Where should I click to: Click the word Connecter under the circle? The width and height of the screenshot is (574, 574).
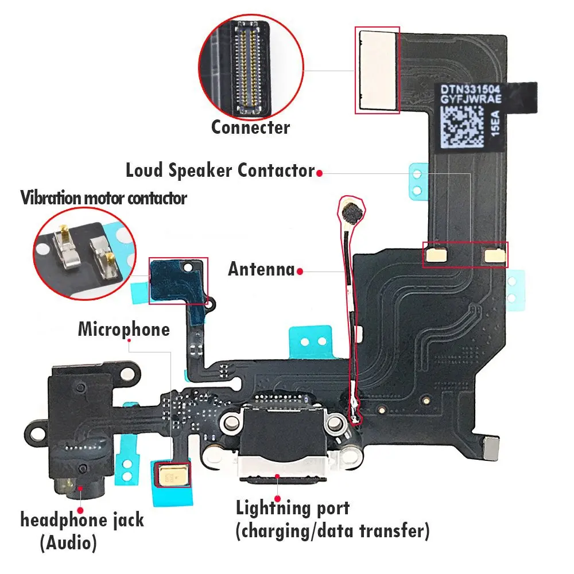pyautogui.click(x=251, y=127)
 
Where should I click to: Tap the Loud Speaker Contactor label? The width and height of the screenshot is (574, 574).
pyautogui.click(x=220, y=170)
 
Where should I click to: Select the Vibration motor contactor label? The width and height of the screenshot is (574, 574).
pyautogui.click(x=103, y=198)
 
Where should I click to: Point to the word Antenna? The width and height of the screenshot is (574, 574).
pyautogui.click(x=261, y=269)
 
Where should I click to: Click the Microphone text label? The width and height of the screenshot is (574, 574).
pyautogui.click(x=124, y=329)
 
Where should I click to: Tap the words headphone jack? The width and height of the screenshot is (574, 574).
pyautogui.click(x=82, y=520)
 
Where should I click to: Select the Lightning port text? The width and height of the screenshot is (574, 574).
pyautogui.click(x=293, y=508)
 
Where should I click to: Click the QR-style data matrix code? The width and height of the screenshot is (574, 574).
pyautogui.click(x=462, y=127)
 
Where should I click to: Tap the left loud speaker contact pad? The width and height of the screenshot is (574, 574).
pyautogui.click(x=436, y=255)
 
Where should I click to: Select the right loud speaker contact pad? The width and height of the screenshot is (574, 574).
pyautogui.click(x=495, y=256)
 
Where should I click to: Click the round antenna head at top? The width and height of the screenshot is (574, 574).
pyautogui.click(x=352, y=213)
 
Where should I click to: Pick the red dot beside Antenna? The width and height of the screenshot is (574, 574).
pyautogui.click(x=300, y=272)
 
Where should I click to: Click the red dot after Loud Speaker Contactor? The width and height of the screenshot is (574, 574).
pyautogui.click(x=320, y=173)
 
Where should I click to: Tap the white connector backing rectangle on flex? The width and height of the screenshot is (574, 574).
pyautogui.click(x=378, y=70)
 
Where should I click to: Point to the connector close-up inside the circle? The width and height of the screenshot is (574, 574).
pyautogui.click(x=251, y=68)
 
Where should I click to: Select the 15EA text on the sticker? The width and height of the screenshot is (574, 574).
pyautogui.click(x=495, y=123)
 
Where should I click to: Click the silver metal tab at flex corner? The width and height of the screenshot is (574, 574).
pyautogui.click(x=491, y=448)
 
